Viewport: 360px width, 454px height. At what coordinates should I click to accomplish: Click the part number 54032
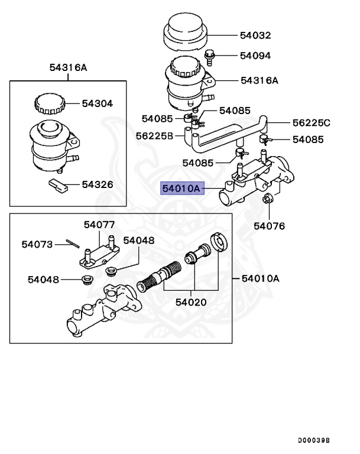(x=255, y=35)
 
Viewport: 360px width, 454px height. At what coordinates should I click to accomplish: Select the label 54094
(x=255, y=56)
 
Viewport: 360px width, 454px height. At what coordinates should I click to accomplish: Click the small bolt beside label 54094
(x=210, y=56)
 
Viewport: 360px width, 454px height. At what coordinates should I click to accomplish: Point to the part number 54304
(x=98, y=103)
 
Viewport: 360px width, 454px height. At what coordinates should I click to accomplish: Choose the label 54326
(x=98, y=185)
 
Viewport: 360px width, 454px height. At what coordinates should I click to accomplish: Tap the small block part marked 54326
(x=59, y=186)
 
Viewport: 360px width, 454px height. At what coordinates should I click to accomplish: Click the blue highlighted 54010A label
(x=183, y=189)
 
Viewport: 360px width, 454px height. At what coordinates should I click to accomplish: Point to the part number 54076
(x=269, y=226)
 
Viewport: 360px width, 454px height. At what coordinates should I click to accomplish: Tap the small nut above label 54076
(x=267, y=200)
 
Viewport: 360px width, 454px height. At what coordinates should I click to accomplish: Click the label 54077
(x=99, y=225)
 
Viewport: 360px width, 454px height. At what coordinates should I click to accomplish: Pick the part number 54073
(x=38, y=244)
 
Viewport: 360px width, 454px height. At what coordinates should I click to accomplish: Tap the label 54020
(x=191, y=302)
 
